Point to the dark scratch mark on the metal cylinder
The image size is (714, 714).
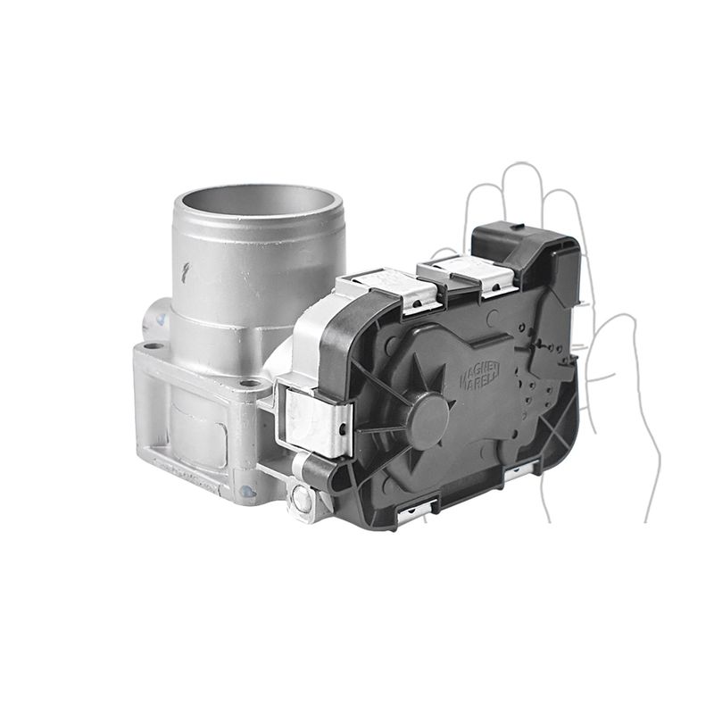[x=185, y=272]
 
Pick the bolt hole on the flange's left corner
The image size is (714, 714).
[x=148, y=347]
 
